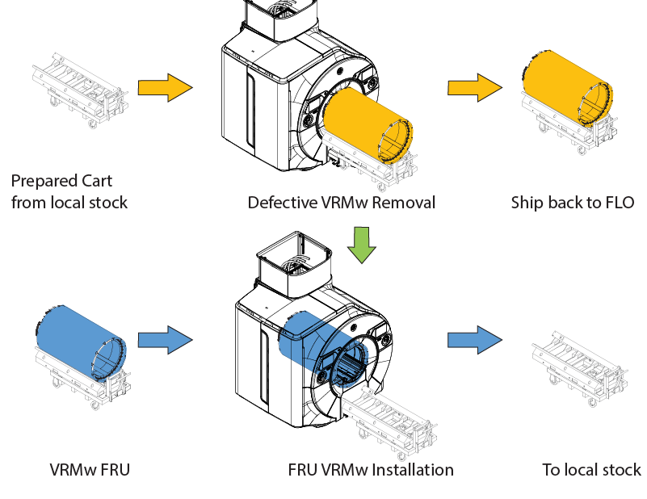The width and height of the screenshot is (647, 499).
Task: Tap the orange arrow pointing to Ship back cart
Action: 474,86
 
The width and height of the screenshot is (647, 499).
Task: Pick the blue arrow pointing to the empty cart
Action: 474,338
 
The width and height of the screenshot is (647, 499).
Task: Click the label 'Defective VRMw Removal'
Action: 342,203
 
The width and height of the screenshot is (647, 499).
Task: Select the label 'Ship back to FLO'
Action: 573,203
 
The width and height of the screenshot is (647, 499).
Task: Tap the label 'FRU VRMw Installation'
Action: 371,469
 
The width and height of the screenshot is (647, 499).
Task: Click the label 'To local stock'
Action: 591,469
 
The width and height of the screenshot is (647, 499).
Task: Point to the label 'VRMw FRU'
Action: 90,469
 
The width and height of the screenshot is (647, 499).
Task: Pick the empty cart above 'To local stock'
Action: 578,363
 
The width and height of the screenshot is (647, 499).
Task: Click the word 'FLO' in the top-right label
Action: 619,203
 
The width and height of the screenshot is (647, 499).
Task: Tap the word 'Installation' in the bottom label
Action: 411,469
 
